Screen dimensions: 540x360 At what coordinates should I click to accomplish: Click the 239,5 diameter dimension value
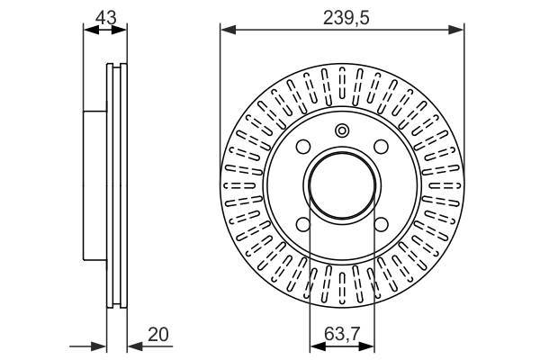[x=346, y=18]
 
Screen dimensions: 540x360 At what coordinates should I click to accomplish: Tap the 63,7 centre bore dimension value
[x=342, y=334]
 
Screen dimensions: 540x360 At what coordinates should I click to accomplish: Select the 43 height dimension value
[x=106, y=18]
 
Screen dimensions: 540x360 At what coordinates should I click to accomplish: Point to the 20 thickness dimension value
[x=158, y=334]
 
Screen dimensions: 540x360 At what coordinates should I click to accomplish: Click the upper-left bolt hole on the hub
[x=303, y=147]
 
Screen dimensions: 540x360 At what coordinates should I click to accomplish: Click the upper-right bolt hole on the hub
[x=382, y=147]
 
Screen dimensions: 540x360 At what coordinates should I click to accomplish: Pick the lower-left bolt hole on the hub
[x=303, y=225]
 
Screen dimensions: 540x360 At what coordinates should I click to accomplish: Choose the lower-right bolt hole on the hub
[x=382, y=225]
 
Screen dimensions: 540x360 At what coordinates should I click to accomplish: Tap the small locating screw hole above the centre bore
[x=342, y=130]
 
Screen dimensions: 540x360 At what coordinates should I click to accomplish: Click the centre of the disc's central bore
[x=342, y=185]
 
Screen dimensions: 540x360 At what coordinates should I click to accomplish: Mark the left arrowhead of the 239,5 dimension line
[x=228, y=30]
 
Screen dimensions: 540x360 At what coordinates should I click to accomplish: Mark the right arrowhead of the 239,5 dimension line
[x=456, y=30]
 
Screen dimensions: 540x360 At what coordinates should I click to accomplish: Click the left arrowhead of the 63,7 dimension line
[x=318, y=346]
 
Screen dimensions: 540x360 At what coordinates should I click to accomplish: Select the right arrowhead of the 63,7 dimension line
[x=366, y=346]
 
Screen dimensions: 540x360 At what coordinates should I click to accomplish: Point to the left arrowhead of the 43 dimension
[x=91, y=30]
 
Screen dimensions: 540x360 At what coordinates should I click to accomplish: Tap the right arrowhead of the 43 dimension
[x=119, y=30]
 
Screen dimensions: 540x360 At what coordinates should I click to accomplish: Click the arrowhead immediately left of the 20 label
[x=135, y=346]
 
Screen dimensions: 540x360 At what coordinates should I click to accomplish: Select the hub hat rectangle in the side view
[x=95, y=185]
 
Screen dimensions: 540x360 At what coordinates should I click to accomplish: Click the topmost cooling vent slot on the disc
[x=342, y=83]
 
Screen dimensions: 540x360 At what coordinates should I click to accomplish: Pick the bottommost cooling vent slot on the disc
[x=342, y=288]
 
